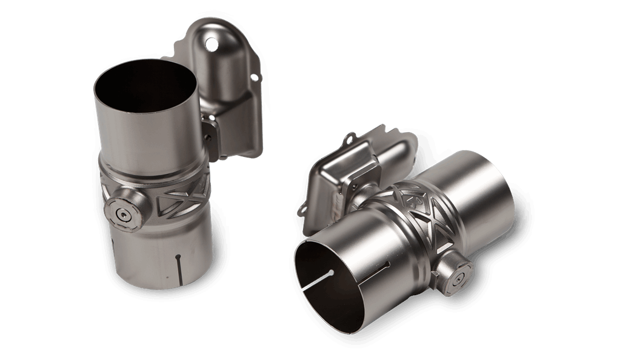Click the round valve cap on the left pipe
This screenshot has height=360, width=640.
[124, 214]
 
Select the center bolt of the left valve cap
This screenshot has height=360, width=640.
[124, 214]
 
